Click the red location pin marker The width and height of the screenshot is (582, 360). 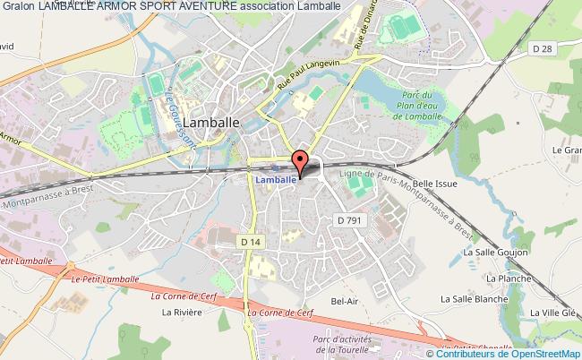(301, 162)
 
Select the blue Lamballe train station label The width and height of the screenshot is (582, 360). (276, 180)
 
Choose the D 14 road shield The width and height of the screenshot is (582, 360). (251, 241)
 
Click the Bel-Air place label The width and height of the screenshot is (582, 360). (344, 301)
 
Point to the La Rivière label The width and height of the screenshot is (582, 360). (179, 313)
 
